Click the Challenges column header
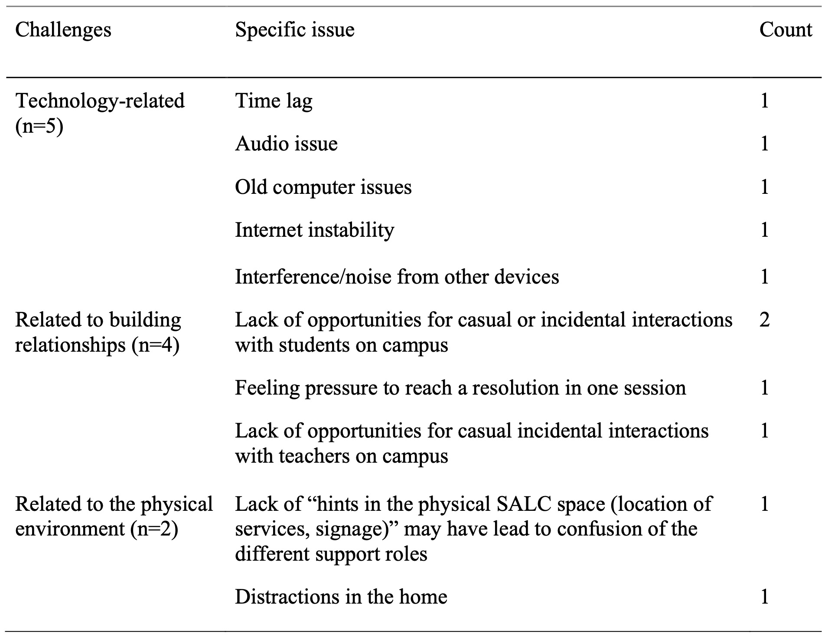(x=63, y=30)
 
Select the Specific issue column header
(x=294, y=30)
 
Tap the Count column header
(x=785, y=30)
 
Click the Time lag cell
(x=274, y=101)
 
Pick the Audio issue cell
(x=286, y=144)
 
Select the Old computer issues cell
(x=323, y=187)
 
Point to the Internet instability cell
(x=314, y=230)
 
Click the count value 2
(x=764, y=320)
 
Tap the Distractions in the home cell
(x=341, y=597)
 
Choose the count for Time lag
(x=764, y=101)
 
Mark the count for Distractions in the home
(x=764, y=597)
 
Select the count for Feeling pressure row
(x=764, y=388)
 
